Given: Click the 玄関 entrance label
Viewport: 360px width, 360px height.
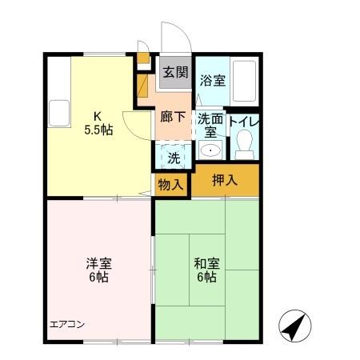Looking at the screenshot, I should [x=175, y=72].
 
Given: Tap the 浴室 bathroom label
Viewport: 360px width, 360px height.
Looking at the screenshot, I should [x=211, y=80].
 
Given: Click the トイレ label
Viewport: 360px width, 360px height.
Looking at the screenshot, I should [x=242, y=122].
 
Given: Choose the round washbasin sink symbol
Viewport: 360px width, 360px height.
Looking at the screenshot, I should [x=210, y=150].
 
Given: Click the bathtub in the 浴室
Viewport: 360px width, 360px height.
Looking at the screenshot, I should [x=244, y=81].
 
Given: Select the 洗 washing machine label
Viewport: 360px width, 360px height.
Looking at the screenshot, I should [x=173, y=157].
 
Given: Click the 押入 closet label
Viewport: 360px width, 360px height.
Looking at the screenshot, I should [x=225, y=180].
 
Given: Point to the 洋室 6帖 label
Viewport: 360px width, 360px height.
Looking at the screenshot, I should [x=98, y=270].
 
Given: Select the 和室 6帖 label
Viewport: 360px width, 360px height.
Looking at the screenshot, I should [x=205, y=270].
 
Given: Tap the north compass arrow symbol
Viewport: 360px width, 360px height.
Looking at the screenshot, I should [x=294, y=325].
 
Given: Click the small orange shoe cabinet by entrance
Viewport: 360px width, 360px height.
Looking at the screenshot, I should [x=143, y=57].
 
